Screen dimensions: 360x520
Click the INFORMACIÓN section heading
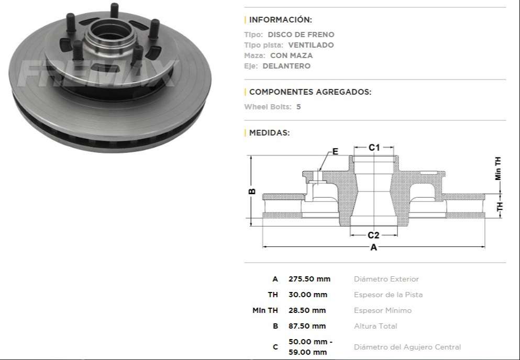point(280,20)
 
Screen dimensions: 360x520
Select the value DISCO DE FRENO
point(305,35)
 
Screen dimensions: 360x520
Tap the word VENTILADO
point(311,45)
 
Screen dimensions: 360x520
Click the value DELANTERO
point(286,66)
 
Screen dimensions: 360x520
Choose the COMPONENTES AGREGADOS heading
point(310,92)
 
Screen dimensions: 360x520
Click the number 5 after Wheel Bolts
point(298,107)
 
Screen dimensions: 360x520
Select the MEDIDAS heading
point(269,133)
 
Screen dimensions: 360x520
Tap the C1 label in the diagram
point(373,148)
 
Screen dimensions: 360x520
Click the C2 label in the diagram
point(373,235)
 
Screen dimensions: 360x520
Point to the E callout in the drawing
point(335,152)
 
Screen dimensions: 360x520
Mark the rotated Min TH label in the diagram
point(498,168)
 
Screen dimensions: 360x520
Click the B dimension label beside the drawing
point(252,192)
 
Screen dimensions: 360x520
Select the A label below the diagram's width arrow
point(373,248)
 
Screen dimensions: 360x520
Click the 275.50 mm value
point(309,279)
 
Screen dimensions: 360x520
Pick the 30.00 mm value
point(307,295)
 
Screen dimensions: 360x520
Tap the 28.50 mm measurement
point(307,310)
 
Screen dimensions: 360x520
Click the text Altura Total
point(375,326)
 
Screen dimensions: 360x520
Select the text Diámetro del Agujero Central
point(407,347)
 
